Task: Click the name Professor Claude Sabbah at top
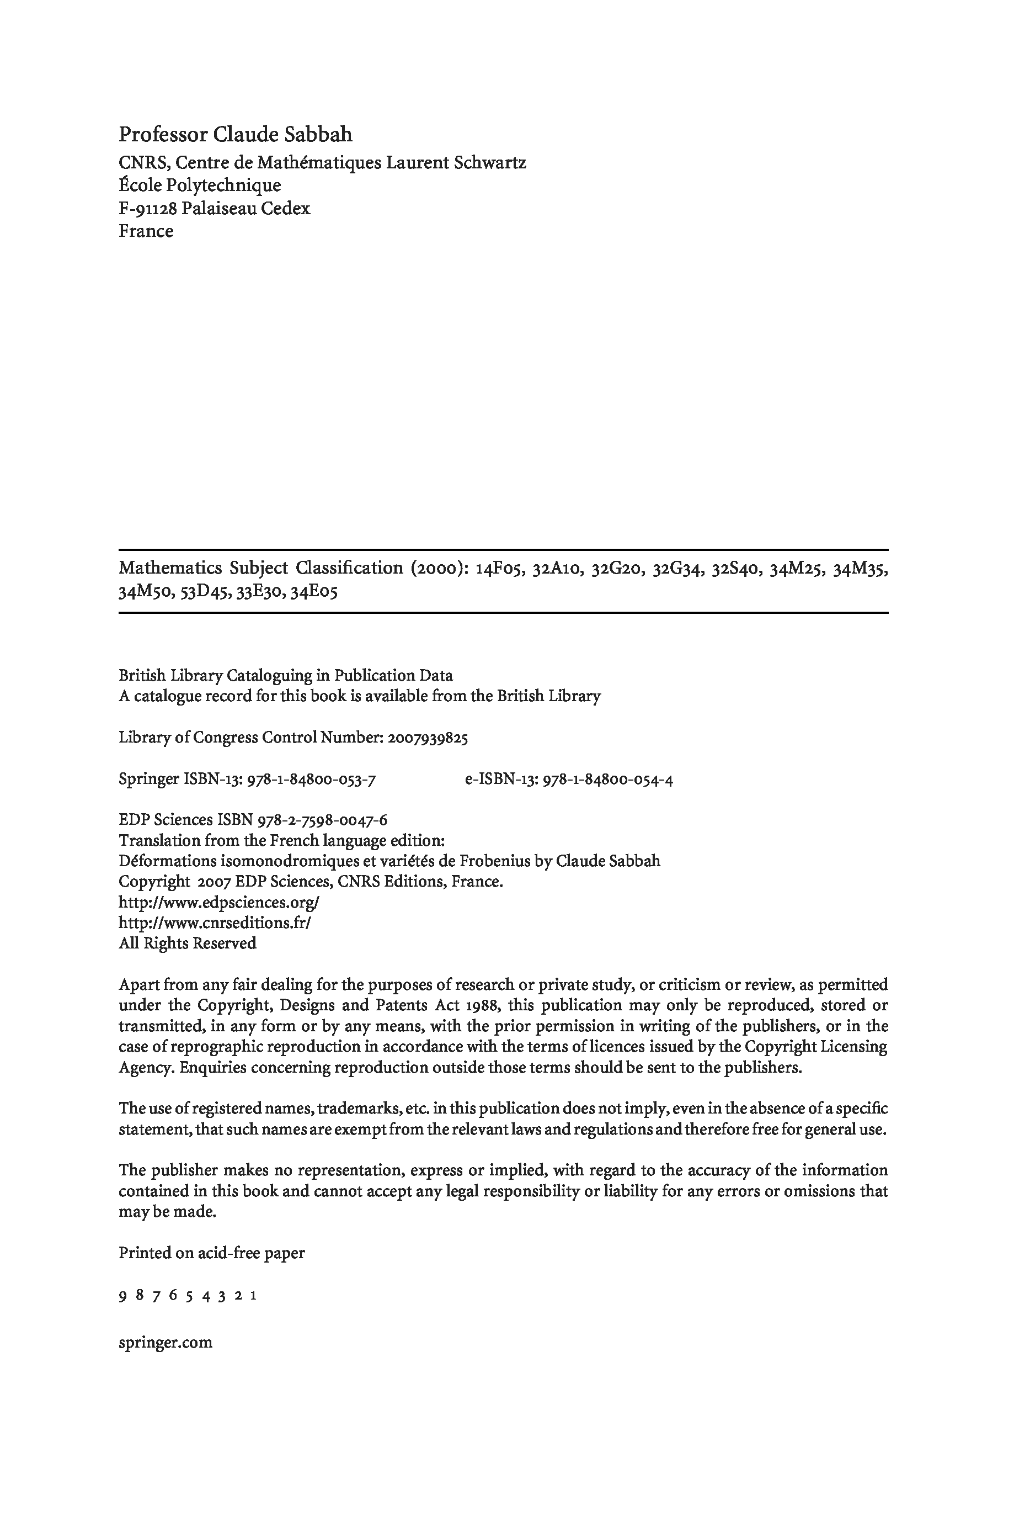point(236,135)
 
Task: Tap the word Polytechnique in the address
point(224,185)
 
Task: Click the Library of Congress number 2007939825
point(428,738)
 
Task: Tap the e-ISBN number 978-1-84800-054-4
point(608,780)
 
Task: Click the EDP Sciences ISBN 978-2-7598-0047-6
point(323,820)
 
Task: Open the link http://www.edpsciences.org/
point(219,903)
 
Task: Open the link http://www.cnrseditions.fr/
point(215,923)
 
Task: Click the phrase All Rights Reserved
point(188,944)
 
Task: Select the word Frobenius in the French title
point(510,862)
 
